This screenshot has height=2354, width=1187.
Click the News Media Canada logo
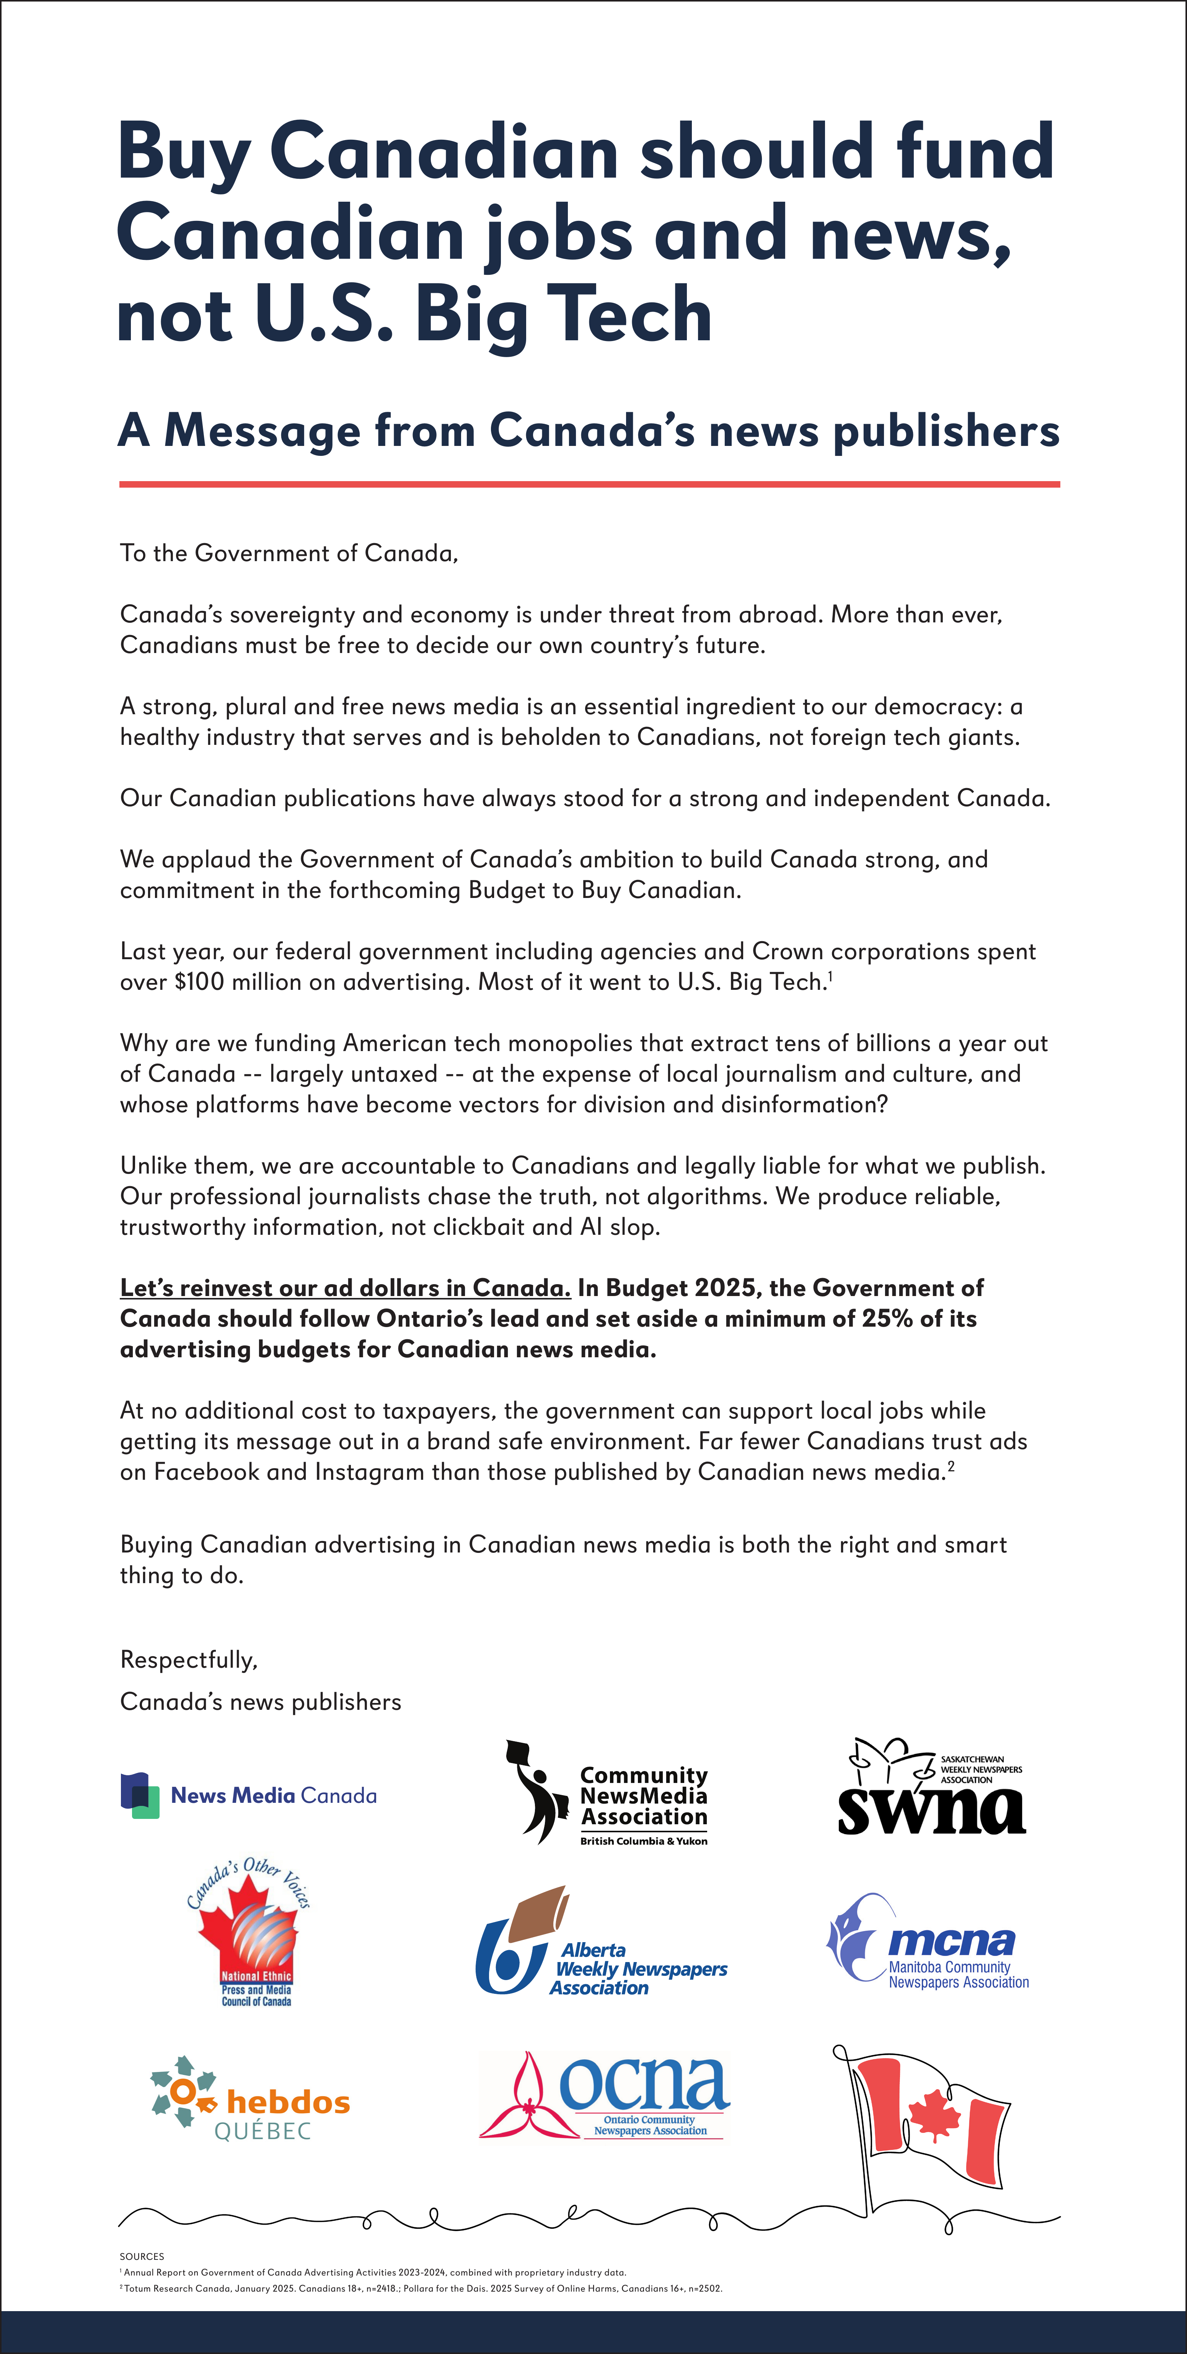(x=249, y=1796)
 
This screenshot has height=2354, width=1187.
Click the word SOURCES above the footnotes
(x=142, y=2256)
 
